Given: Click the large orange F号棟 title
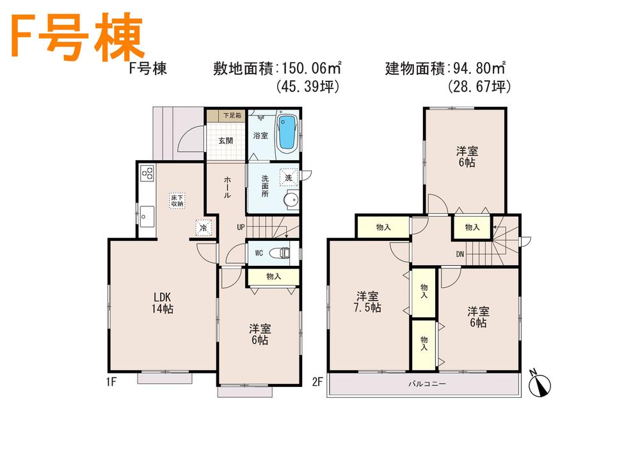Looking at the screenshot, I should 75,38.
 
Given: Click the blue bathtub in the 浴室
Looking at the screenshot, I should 286,132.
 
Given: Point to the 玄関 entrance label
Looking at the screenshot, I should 225,141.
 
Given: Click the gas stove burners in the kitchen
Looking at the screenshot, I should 147,173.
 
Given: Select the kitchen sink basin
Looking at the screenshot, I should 147,217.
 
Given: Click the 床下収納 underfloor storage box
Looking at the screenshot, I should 177,200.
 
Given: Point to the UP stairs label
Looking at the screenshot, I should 241,227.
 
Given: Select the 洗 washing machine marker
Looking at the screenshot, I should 288,177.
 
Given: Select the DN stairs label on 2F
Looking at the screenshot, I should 460,253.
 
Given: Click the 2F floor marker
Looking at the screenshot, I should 317,383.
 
